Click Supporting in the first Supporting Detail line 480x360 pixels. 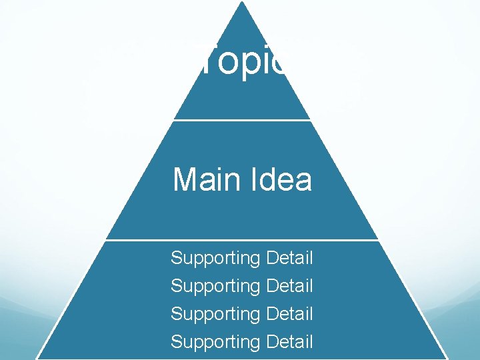pos(215,259)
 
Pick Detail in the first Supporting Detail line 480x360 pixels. pos(289,257)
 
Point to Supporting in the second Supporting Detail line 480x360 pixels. pos(215,287)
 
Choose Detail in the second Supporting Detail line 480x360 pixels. pos(289,285)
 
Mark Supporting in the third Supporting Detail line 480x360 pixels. pos(215,314)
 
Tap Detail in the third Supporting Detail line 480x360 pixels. pos(289,313)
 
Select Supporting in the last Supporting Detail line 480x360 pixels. pos(215,343)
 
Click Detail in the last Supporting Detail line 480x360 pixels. pos(289,341)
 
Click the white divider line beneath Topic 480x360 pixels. pos(241,120)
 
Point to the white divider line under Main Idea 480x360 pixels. pos(241,239)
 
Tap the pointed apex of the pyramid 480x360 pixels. pos(241,3)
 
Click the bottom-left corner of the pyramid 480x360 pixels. pos(37,358)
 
